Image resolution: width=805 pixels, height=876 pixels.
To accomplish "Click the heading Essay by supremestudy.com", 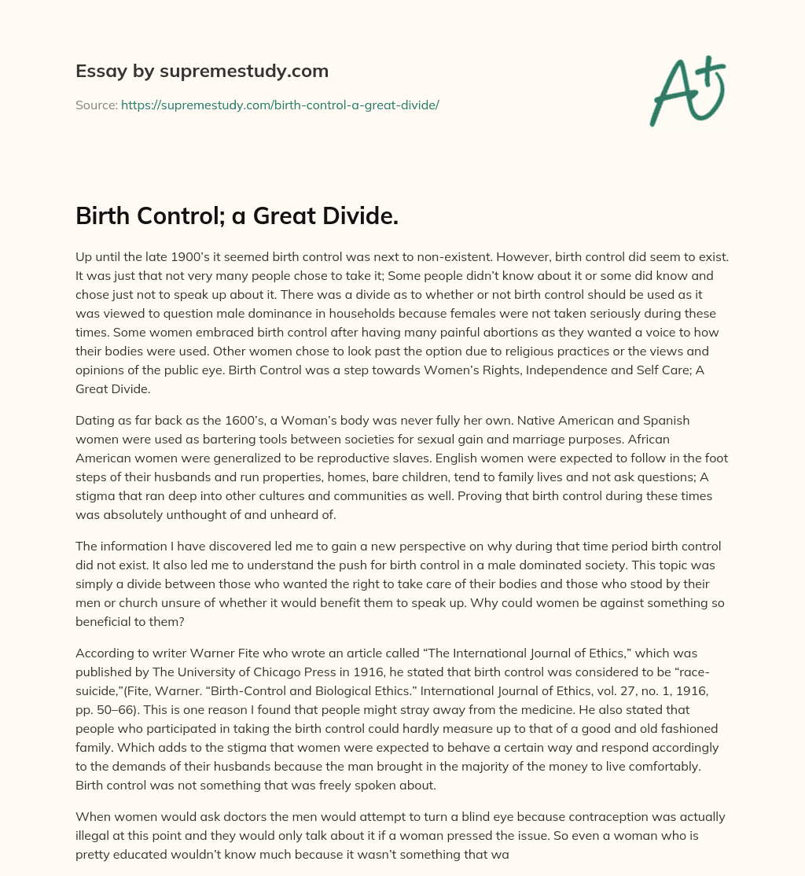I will click(x=202, y=72).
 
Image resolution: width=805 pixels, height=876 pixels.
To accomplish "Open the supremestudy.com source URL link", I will click(x=280, y=105).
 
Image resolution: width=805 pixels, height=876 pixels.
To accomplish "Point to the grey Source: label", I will click(x=97, y=105).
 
